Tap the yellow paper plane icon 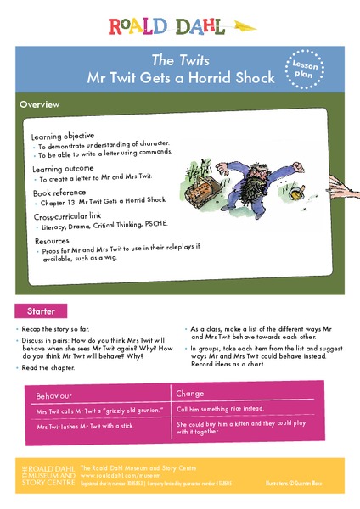pos(243,26)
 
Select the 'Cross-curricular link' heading pos(73,217)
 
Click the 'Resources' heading pos(52,241)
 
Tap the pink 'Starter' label pos(40,310)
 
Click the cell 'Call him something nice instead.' pos(220,409)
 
